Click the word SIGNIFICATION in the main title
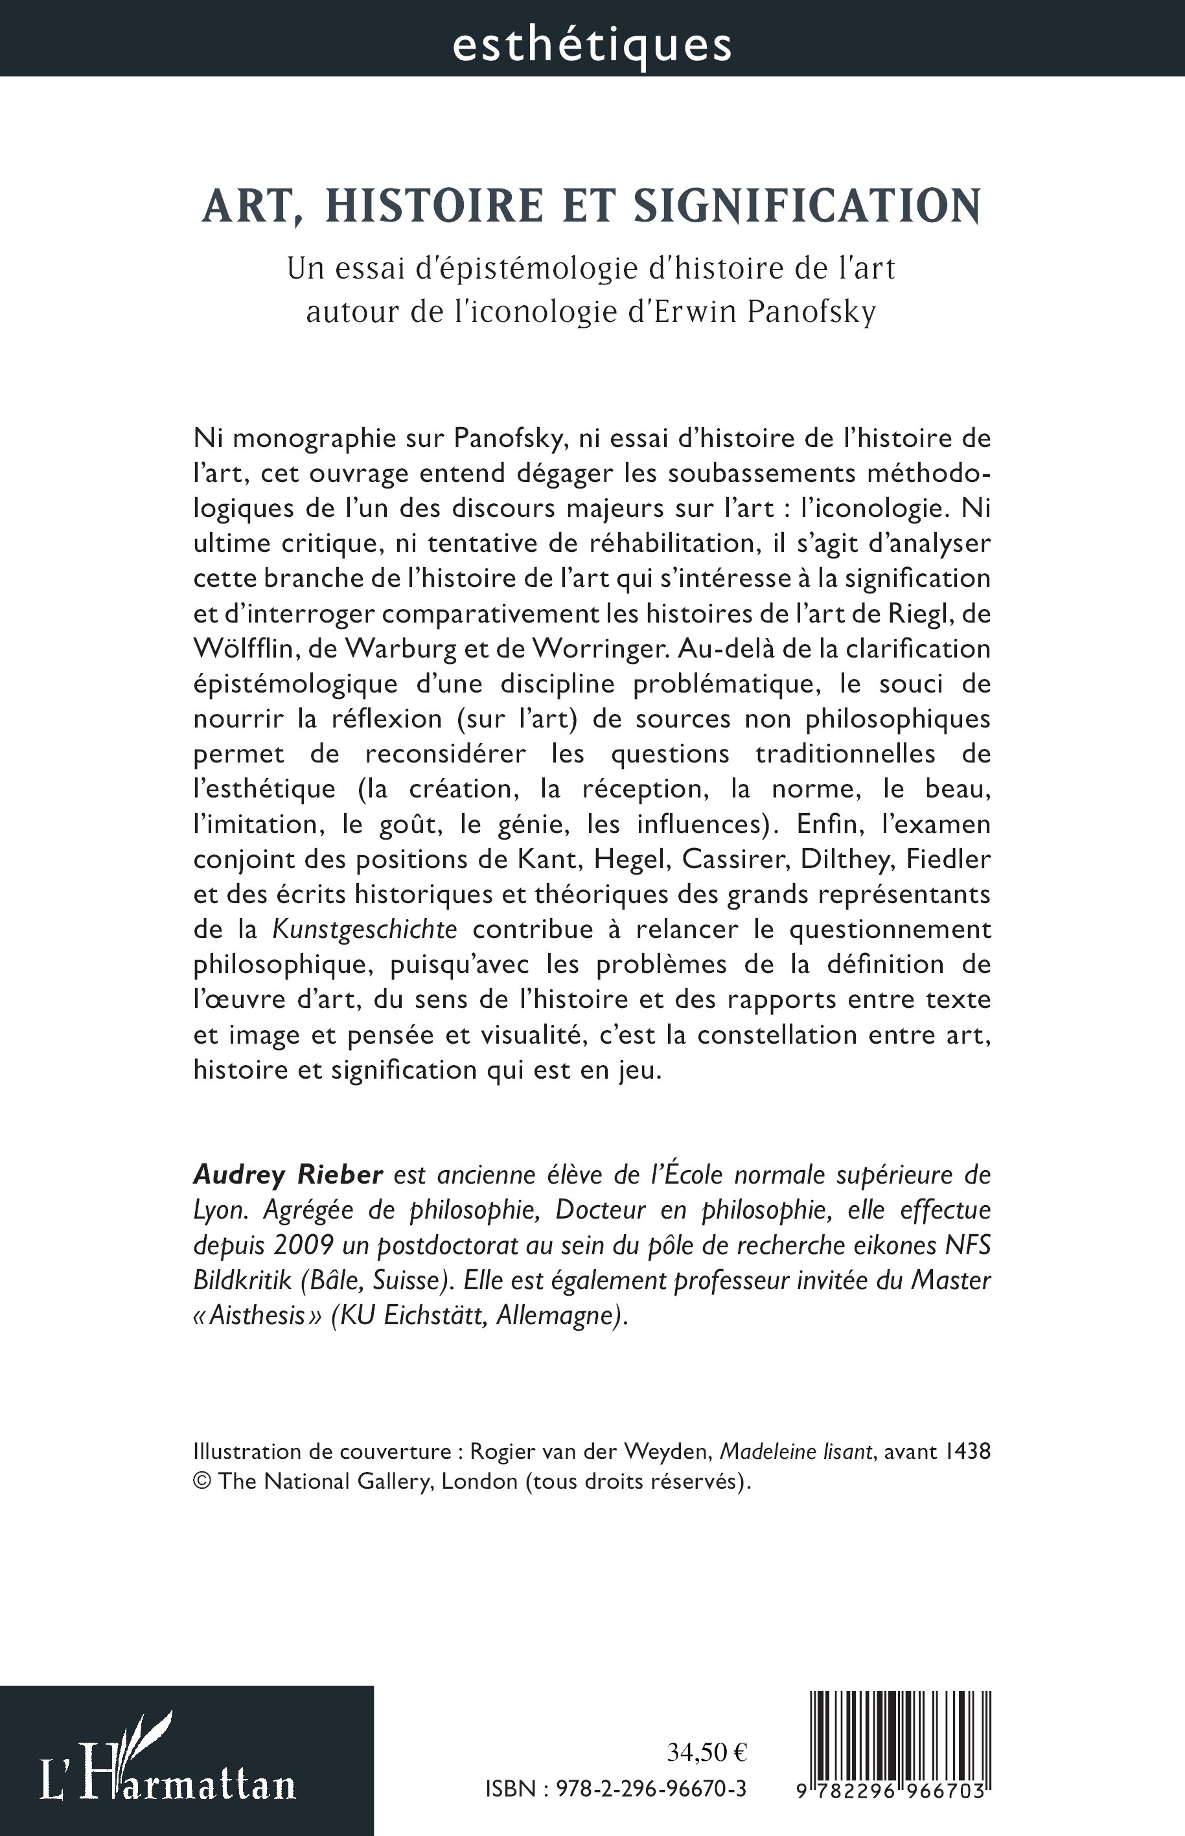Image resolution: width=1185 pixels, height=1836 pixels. pos(807,206)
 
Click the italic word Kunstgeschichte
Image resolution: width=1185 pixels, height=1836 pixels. pos(365,930)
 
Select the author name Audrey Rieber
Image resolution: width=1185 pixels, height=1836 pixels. pos(288,1175)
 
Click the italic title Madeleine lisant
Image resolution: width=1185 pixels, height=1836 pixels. pos(796,1452)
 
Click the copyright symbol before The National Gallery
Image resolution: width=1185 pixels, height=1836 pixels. pos(201,1482)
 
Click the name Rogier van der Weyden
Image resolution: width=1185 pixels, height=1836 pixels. pos(589,1452)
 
